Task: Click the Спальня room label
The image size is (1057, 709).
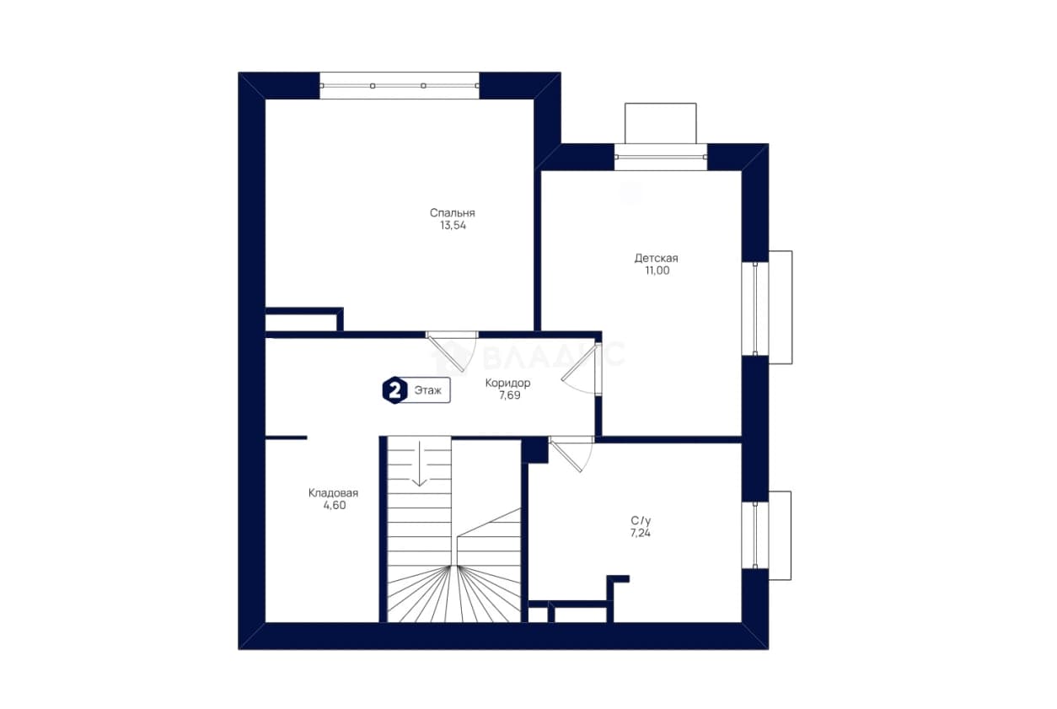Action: point(452,213)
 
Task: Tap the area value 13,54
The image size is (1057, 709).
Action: point(453,226)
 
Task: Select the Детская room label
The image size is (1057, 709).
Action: point(656,258)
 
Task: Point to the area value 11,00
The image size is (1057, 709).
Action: point(657,271)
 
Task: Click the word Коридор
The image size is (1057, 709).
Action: point(507,384)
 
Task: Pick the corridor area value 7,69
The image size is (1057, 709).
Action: point(510,395)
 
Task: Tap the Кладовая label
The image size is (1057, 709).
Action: point(333,493)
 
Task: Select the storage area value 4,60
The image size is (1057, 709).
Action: point(335,505)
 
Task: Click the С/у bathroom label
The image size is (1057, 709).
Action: point(641,521)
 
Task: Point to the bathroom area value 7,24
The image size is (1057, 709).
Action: point(641,533)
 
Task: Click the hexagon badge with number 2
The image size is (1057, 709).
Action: point(395,390)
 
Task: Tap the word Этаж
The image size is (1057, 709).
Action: point(428,391)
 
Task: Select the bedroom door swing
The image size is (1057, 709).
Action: point(451,352)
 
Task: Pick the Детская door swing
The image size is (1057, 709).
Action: point(582,369)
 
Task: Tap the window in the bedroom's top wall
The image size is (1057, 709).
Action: point(400,85)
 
